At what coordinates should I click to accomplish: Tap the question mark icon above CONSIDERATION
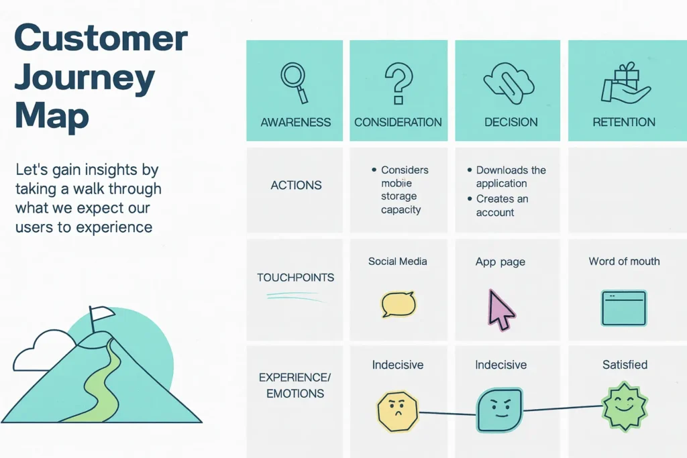tap(398, 82)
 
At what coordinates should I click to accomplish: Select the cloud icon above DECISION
tap(511, 80)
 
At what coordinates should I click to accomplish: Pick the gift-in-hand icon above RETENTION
tap(625, 84)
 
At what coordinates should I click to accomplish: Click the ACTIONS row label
tap(296, 185)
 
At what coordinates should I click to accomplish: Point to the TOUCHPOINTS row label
tap(295, 277)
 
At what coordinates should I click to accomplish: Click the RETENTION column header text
tap(624, 122)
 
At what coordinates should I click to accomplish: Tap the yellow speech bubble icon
tap(398, 304)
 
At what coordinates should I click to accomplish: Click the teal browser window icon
tap(624, 308)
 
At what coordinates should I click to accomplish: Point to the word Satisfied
tap(625, 365)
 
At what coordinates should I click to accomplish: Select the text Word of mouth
tap(624, 262)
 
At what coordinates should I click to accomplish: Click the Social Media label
tap(397, 262)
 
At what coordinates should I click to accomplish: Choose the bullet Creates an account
tap(503, 206)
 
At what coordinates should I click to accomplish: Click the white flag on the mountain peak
tap(102, 312)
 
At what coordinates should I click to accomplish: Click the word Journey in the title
tap(85, 78)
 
